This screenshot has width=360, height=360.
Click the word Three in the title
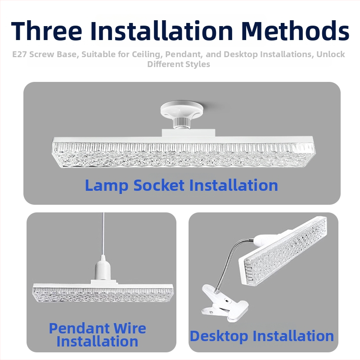pos(46,31)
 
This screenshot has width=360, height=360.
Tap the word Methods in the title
pos(295,31)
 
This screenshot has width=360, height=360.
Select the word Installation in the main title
pos(162,31)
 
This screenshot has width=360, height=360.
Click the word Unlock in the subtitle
pos(331,54)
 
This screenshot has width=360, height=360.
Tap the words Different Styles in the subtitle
pos(179,64)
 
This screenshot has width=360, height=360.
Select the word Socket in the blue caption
pos(159,185)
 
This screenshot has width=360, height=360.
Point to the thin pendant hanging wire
pos(103,234)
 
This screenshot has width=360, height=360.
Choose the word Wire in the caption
pos(130,328)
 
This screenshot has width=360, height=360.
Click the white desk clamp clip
pos(225,302)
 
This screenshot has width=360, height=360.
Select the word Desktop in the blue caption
pos(219,336)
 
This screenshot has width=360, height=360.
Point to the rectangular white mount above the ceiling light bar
pos(188,133)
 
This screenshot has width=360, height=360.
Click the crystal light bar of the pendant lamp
pos(103,293)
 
